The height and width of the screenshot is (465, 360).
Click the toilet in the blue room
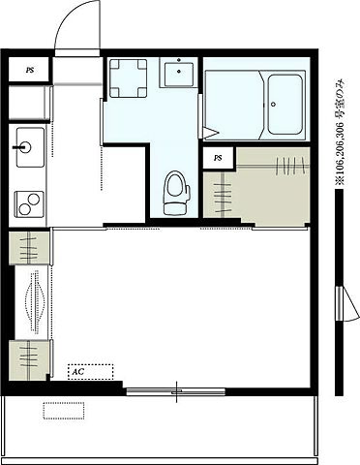point(176,193)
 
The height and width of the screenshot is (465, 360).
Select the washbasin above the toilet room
point(179,73)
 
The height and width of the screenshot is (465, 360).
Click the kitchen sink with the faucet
point(30,147)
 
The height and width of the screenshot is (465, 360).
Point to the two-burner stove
point(29,204)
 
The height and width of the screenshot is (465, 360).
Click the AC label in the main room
point(77,371)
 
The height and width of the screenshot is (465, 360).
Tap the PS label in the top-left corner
point(30,70)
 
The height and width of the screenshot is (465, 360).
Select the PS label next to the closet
point(218,158)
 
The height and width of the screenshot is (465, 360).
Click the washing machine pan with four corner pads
point(129,77)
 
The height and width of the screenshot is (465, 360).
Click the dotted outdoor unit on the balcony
point(64,411)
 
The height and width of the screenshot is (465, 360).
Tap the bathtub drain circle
point(274,104)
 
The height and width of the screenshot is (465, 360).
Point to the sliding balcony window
point(176,391)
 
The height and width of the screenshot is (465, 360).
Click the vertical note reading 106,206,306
point(340,133)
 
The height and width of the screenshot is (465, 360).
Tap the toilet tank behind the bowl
point(176,209)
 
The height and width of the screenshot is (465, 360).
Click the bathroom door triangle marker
point(210,133)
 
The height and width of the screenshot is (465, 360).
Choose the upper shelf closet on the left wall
point(29,248)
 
